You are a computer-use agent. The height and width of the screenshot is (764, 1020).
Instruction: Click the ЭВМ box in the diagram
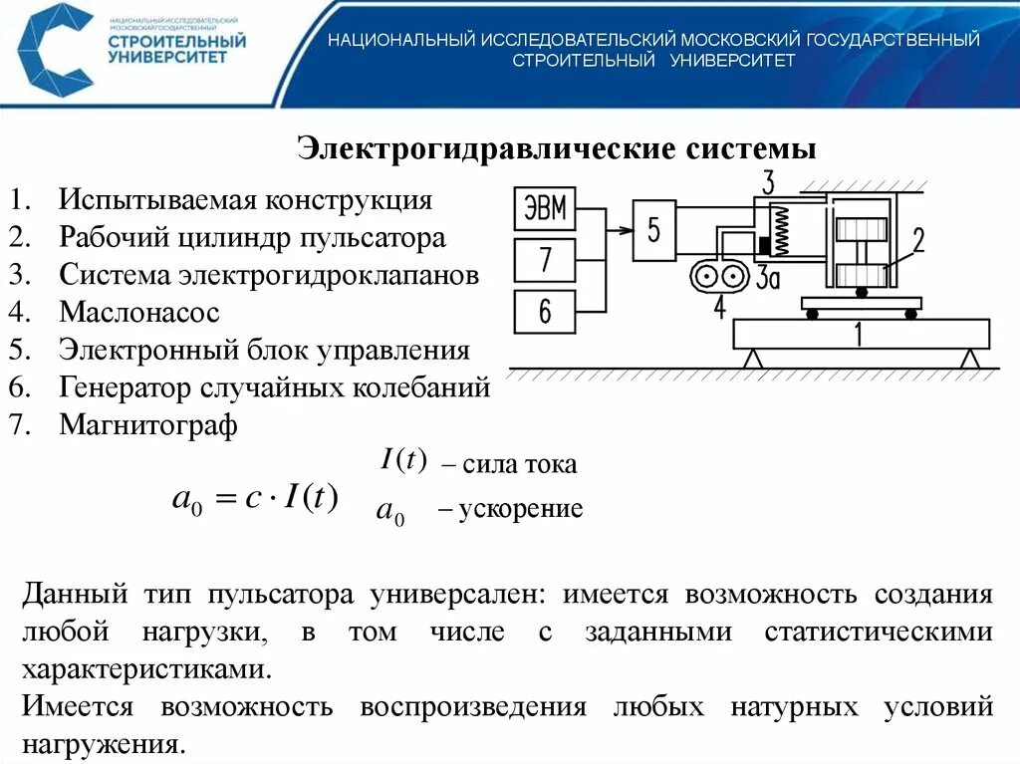[544, 210]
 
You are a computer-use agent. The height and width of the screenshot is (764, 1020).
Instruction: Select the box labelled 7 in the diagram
[544, 260]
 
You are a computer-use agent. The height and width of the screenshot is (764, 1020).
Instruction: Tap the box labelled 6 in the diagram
[544, 311]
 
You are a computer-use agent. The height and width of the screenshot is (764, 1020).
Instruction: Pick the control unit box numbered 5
[653, 231]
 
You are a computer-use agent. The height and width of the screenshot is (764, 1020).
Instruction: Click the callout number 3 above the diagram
[768, 183]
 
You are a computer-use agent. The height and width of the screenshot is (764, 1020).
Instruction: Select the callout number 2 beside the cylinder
[917, 240]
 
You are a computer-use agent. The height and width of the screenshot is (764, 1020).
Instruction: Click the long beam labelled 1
[861, 335]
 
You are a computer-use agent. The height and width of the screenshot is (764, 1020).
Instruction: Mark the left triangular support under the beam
[755, 359]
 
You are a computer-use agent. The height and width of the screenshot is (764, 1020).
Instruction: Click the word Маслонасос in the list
[138, 313]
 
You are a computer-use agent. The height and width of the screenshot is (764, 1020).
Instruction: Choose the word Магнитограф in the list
[148, 426]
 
